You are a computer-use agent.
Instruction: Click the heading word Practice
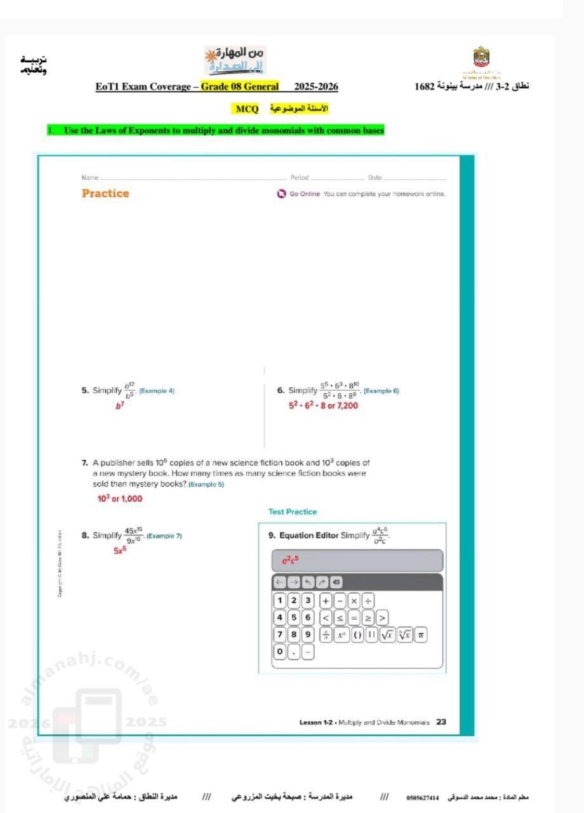click(105, 193)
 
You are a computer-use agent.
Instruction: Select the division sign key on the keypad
click(368, 600)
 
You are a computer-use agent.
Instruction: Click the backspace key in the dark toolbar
click(336, 582)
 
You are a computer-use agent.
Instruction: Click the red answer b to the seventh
click(119, 405)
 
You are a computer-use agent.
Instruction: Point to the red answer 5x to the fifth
click(120, 551)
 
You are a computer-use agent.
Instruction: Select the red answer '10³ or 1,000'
click(119, 499)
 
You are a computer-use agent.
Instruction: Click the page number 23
click(441, 722)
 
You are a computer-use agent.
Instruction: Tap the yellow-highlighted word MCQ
click(247, 109)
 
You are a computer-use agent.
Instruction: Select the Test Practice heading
click(292, 511)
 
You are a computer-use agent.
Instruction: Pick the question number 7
click(84, 463)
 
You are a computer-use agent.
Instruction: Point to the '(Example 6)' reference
click(381, 391)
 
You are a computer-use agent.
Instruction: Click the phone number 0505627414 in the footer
click(423, 796)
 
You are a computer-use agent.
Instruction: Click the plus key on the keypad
click(326, 600)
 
